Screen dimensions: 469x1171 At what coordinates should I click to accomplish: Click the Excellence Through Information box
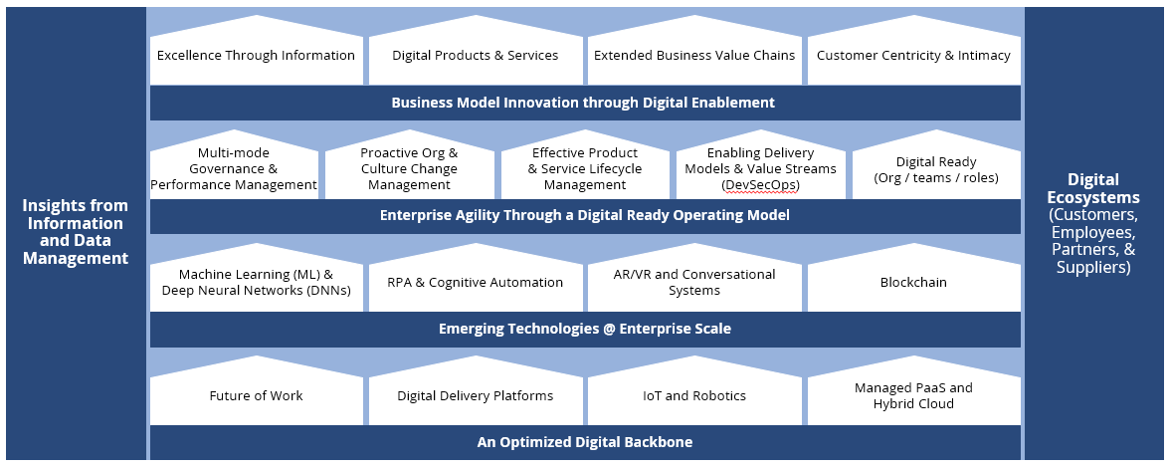tap(256, 56)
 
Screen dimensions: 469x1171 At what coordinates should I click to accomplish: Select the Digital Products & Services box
tap(476, 56)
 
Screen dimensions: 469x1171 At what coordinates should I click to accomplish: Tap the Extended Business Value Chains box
tap(694, 56)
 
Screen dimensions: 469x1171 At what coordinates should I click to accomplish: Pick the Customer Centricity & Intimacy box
tap(913, 56)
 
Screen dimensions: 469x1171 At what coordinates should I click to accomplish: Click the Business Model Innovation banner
tap(583, 103)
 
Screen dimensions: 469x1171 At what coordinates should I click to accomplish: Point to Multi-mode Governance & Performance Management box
tap(234, 169)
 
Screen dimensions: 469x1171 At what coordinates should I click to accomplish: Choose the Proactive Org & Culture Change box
tap(409, 169)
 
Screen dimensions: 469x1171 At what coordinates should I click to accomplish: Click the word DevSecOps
tap(760, 185)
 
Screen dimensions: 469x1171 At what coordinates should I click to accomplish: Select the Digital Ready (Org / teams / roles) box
tap(936, 169)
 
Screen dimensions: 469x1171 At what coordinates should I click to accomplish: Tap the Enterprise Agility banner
tap(583, 215)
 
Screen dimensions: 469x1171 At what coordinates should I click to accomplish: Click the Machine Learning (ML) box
tap(256, 282)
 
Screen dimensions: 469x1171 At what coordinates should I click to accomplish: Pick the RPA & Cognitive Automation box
tap(476, 282)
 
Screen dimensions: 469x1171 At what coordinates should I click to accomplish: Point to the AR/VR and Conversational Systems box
tap(694, 282)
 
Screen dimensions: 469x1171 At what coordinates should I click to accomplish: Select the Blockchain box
tap(913, 282)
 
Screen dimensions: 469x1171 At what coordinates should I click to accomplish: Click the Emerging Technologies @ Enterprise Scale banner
tap(583, 329)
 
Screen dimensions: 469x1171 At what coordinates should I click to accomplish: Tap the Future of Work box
tap(256, 395)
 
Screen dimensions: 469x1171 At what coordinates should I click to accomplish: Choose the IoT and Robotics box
tap(694, 395)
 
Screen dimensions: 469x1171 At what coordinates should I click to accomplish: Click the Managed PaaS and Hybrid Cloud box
tap(913, 395)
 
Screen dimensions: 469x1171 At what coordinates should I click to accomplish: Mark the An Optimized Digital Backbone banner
tap(583, 442)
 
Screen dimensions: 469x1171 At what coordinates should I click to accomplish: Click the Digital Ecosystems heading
tap(1093, 189)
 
